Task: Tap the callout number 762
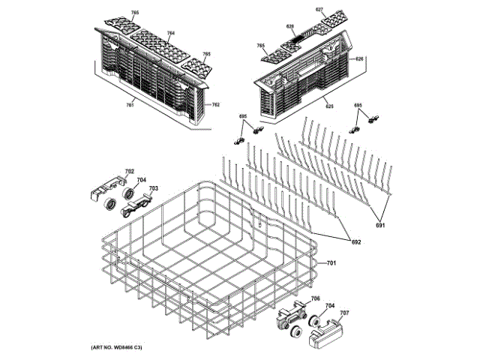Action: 216,104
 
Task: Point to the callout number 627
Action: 319,10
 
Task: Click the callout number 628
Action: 290,26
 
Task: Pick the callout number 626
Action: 359,59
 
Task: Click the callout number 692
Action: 356,241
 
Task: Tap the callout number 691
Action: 381,225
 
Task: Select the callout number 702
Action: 129,172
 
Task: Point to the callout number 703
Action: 153,187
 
